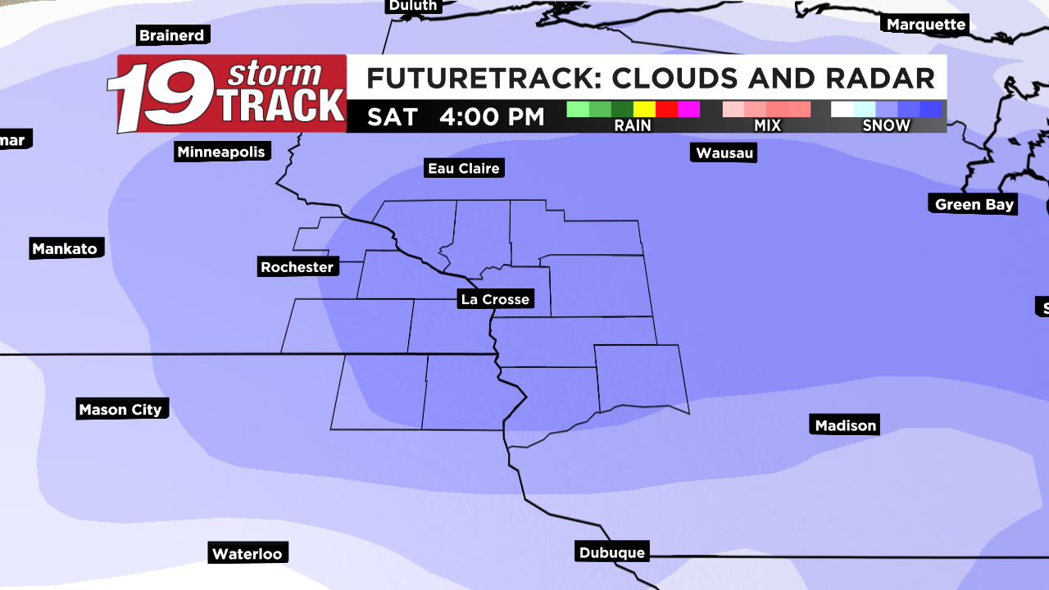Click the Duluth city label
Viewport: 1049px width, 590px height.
pos(414,6)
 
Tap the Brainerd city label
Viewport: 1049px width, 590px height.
pos(172,35)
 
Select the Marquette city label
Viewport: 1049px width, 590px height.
pos(926,25)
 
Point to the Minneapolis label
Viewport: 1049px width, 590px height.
pos(221,152)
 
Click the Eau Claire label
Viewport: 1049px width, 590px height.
pos(464,168)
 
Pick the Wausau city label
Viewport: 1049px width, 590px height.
pos(724,152)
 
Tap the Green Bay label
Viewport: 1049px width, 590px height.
pos(974,204)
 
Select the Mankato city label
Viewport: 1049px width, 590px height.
pos(65,248)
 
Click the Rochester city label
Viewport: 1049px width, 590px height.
pos(297,266)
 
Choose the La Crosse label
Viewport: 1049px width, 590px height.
pos(495,299)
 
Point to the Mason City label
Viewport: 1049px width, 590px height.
pos(120,409)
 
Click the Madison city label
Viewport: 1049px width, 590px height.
pos(846,424)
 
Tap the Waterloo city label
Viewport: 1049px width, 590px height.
pos(247,553)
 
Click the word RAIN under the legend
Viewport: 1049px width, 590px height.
pos(632,125)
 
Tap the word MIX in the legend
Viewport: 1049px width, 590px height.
pos(767,125)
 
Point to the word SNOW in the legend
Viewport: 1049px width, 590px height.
pos(886,125)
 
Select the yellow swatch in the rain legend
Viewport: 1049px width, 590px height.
pos(644,109)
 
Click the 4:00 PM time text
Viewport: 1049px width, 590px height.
pos(492,116)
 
